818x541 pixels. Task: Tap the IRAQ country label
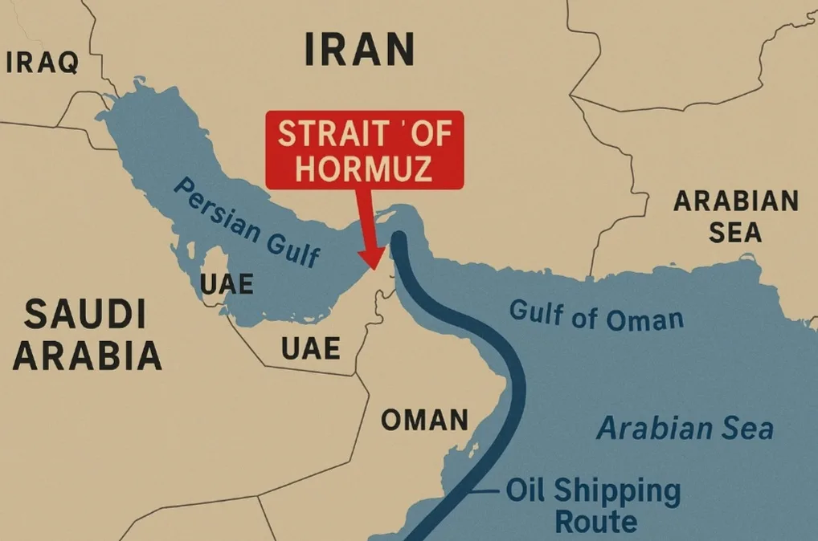[43, 62]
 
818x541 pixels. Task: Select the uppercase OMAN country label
[423, 420]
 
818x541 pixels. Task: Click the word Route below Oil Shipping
[596, 521]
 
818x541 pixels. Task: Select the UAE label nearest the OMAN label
[310, 348]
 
